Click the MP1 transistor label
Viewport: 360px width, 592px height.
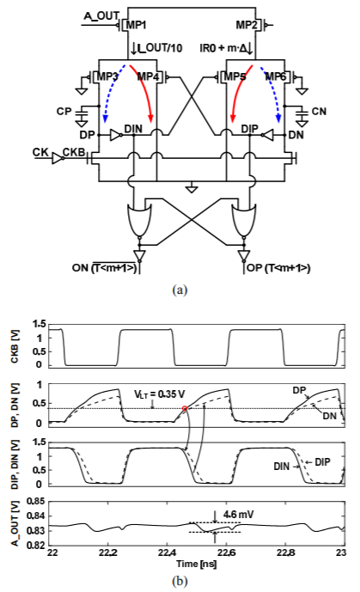(136, 25)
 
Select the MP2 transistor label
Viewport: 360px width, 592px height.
(247, 25)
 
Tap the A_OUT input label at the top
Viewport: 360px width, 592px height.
(101, 15)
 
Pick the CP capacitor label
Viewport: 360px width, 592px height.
(64, 112)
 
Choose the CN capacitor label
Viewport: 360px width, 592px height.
(319, 112)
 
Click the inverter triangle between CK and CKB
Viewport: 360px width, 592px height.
(57, 158)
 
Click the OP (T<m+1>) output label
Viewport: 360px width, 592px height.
(278, 268)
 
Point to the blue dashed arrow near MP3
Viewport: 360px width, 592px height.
(112, 92)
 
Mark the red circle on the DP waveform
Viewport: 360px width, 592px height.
(185, 408)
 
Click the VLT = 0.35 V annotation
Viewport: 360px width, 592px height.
(160, 394)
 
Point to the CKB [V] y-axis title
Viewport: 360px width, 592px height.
(15, 346)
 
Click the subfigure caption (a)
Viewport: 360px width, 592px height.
(180, 290)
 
